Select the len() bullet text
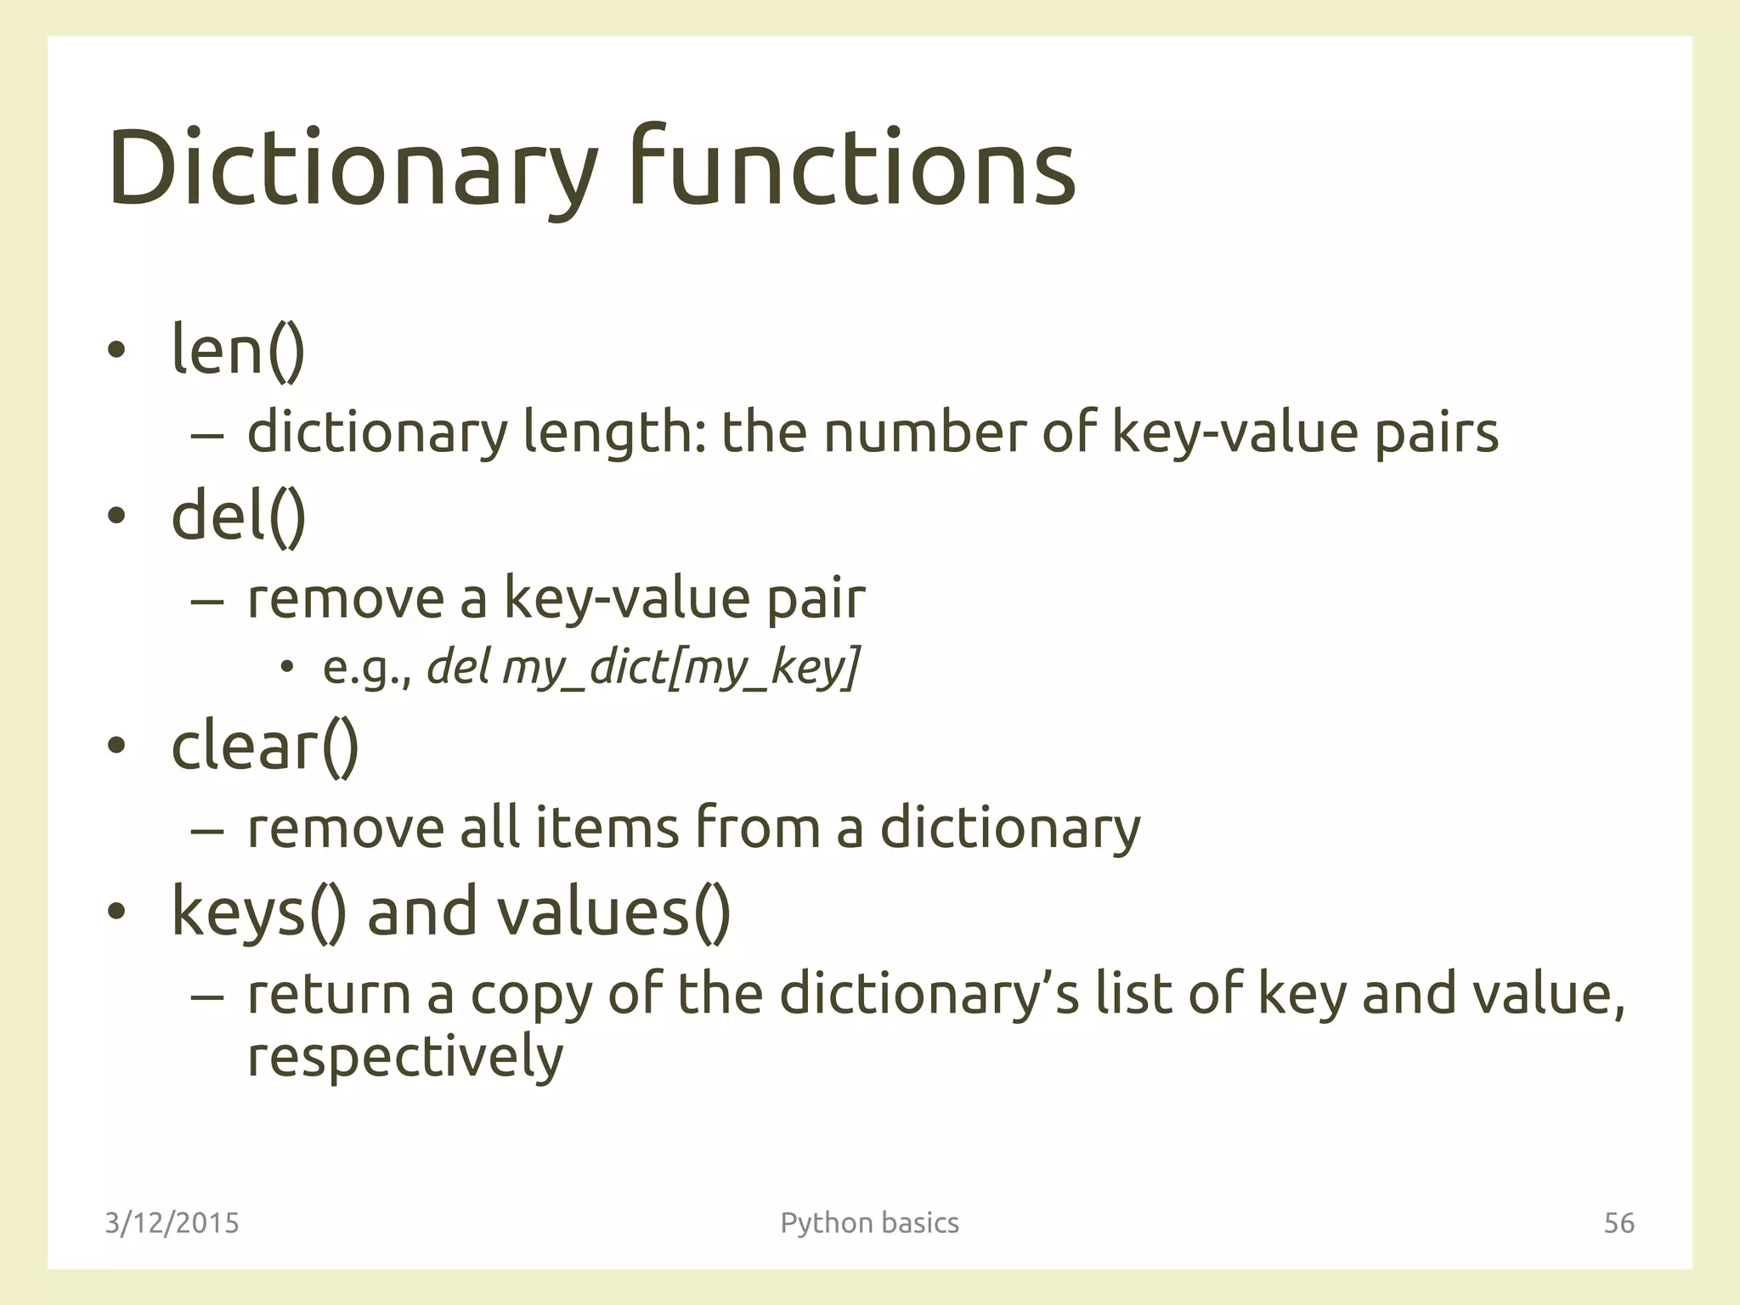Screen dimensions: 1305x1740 pyautogui.click(x=238, y=349)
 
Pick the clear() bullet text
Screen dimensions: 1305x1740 pyautogui.click(x=265, y=746)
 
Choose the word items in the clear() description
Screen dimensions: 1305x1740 pyautogui.click(x=607, y=828)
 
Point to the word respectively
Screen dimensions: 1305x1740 pyautogui.click(x=405, y=1057)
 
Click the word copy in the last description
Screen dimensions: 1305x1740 pyautogui.click(x=531, y=995)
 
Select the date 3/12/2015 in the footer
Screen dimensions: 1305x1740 pyautogui.click(x=172, y=1223)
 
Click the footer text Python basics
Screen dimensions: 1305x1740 pyautogui.click(x=869, y=1223)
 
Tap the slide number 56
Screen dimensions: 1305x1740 pyautogui.click(x=1619, y=1223)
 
